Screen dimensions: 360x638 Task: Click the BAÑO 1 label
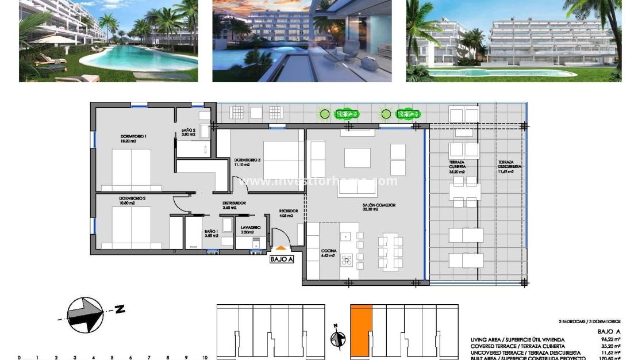pyautogui.click(x=211, y=232)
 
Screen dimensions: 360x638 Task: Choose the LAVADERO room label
pyautogui.click(x=251, y=228)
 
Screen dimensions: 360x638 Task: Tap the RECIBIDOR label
pyautogui.click(x=289, y=211)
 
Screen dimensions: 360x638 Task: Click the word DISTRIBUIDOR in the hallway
pyautogui.click(x=235, y=203)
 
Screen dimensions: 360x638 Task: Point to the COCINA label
pyautogui.click(x=329, y=251)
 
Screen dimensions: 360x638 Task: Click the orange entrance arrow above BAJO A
pyautogui.click(x=280, y=248)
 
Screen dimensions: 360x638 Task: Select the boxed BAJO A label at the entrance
pyautogui.click(x=282, y=259)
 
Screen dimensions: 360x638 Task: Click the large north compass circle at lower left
pyautogui.click(x=85, y=315)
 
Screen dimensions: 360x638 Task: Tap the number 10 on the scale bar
pyautogui.click(x=204, y=357)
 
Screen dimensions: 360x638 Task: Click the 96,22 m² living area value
pyautogui.click(x=609, y=340)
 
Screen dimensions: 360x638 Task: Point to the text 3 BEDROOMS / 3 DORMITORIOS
pyautogui.click(x=589, y=321)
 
